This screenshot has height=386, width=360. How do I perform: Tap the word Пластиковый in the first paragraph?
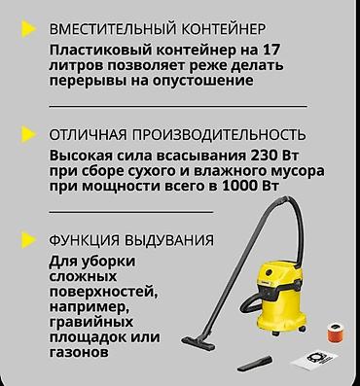(97, 50)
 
